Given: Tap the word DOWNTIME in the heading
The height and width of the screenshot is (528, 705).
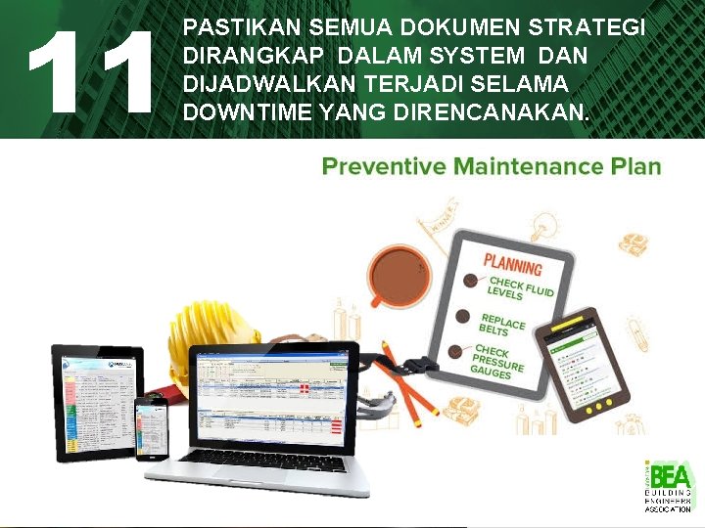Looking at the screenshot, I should [248, 114].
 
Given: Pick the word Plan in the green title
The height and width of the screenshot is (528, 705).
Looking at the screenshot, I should [635, 166].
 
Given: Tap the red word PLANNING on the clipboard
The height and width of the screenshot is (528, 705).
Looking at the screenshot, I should [513, 265].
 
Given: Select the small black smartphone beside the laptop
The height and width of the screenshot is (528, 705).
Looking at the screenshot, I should [152, 427].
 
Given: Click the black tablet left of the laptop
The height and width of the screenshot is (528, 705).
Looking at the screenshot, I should [98, 401].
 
